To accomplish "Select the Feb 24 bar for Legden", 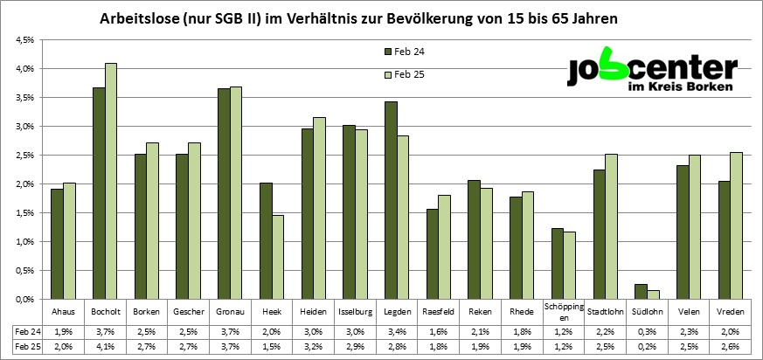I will pyautogui.click(x=391, y=200).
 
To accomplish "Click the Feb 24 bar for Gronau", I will pyautogui.click(x=223, y=193).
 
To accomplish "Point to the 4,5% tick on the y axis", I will pyautogui.click(x=23, y=40).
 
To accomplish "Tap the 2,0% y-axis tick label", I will pyautogui.click(x=23, y=184).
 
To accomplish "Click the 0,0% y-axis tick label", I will pyautogui.click(x=23, y=300).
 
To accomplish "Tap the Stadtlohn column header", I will pyautogui.click(x=606, y=312).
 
